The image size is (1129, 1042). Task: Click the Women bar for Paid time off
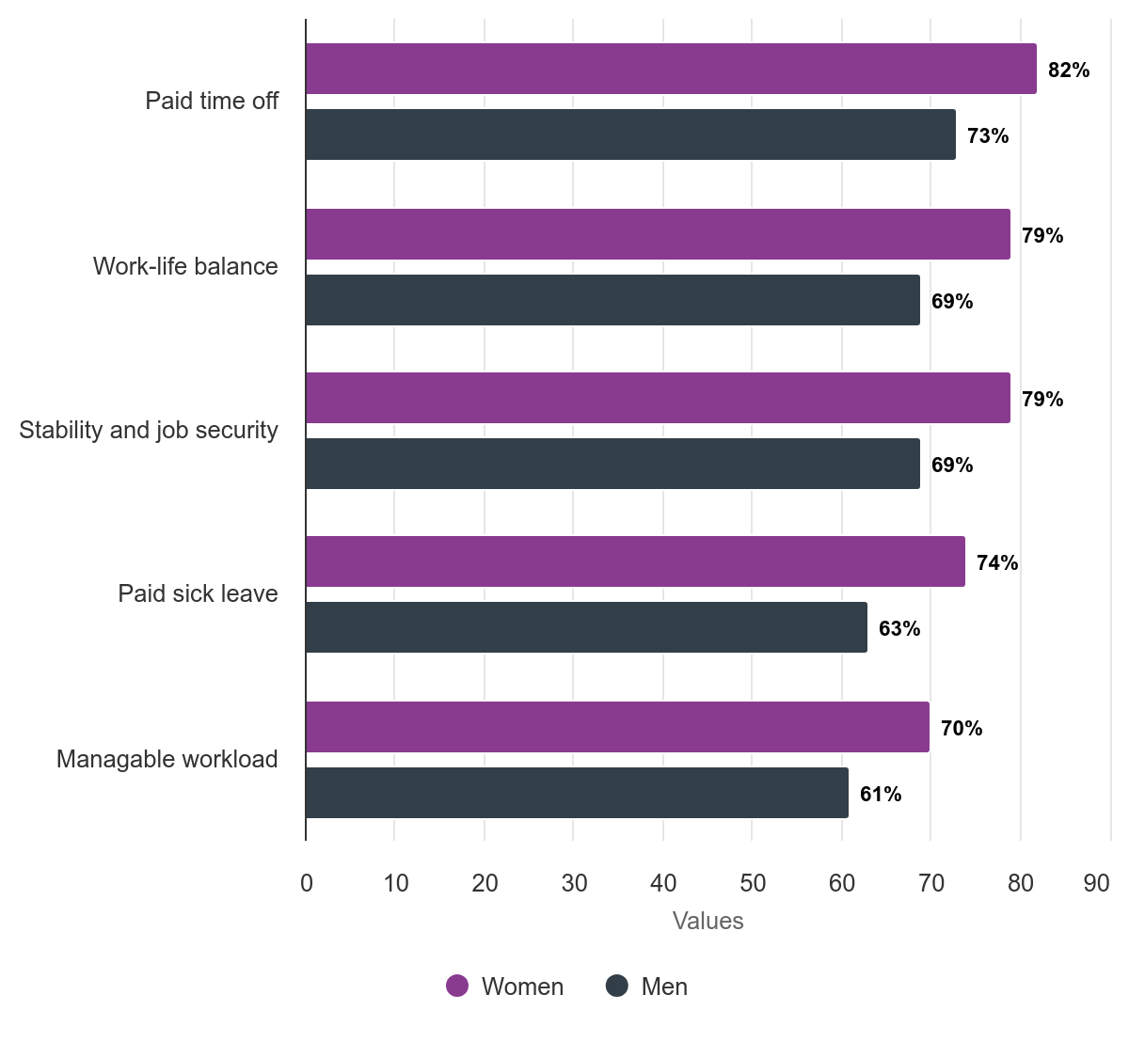pos(671,69)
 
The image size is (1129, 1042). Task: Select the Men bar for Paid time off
pos(630,134)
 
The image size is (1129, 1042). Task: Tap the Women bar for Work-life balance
pos(658,234)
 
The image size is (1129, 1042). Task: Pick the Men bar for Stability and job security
pos(612,464)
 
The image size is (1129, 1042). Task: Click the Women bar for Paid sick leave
pos(635,561)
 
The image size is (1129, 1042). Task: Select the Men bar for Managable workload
pos(577,793)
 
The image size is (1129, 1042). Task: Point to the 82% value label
pos(1069,71)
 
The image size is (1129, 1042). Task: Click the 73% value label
pos(988,136)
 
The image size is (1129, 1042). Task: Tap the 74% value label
pos(997,563)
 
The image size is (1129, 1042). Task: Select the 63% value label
pos(899,629)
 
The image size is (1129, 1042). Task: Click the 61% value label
pos(881,795)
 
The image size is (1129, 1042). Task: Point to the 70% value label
pos(962,729)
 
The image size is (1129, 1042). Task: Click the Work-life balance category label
pos(185,266)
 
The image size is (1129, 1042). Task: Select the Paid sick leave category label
pos(198,593)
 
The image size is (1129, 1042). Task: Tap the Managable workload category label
pos(167,759)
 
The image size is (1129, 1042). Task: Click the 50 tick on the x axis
pos(753,883)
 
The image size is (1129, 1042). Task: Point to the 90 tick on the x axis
pos(1097,883)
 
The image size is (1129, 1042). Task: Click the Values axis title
pos(708,921)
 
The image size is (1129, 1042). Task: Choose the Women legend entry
pos(505,987)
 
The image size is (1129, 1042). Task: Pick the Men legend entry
pos(647,987)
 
